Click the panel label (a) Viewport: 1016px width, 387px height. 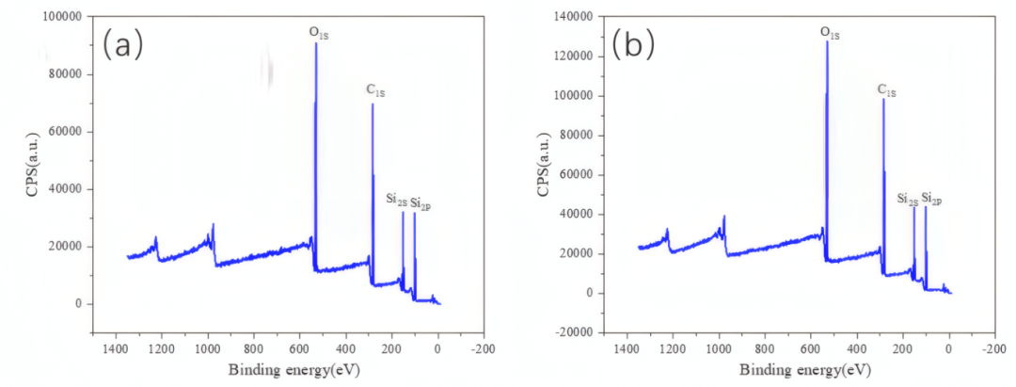coord(122,43)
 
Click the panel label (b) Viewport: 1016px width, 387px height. coord(633,43)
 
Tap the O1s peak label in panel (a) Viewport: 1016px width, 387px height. coord(319,33)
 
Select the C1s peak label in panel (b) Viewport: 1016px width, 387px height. coord(886,90)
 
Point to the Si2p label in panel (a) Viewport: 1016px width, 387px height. coord(421,202)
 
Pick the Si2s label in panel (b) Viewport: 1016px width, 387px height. coord(907,200)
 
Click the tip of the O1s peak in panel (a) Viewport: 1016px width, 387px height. coord(316,44)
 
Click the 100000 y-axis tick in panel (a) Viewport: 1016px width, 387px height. coord(62,17)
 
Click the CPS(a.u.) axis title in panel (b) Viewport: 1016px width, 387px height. coord(543,174)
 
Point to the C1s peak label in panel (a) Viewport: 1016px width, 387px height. coord(375,91)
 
